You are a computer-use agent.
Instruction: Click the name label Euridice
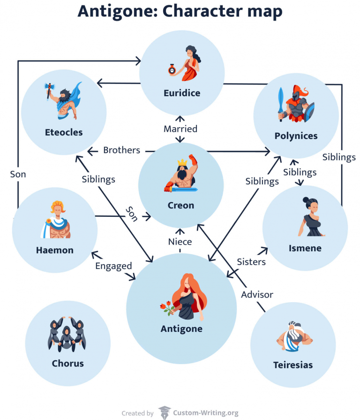[181, 93]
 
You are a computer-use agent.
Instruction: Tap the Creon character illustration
[181, 176]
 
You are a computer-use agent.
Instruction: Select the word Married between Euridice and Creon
[180, 129]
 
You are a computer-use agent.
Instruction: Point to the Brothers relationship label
[121, 150]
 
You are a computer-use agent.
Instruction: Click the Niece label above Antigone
[180, 242]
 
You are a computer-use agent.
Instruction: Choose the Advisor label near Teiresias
[257, 294]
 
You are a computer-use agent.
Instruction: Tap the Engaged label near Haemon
[113, 266]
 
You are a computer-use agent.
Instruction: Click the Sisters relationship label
[251, 261]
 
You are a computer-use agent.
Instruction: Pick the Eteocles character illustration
[63, 100]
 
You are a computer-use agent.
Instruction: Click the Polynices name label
[296, 136]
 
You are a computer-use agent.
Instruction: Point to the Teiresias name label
[292, 365]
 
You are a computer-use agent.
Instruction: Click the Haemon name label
[54, 250]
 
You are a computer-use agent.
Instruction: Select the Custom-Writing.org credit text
[206, 413]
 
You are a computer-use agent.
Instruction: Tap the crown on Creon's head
[181, 163]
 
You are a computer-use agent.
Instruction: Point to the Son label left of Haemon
[18, 174]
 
